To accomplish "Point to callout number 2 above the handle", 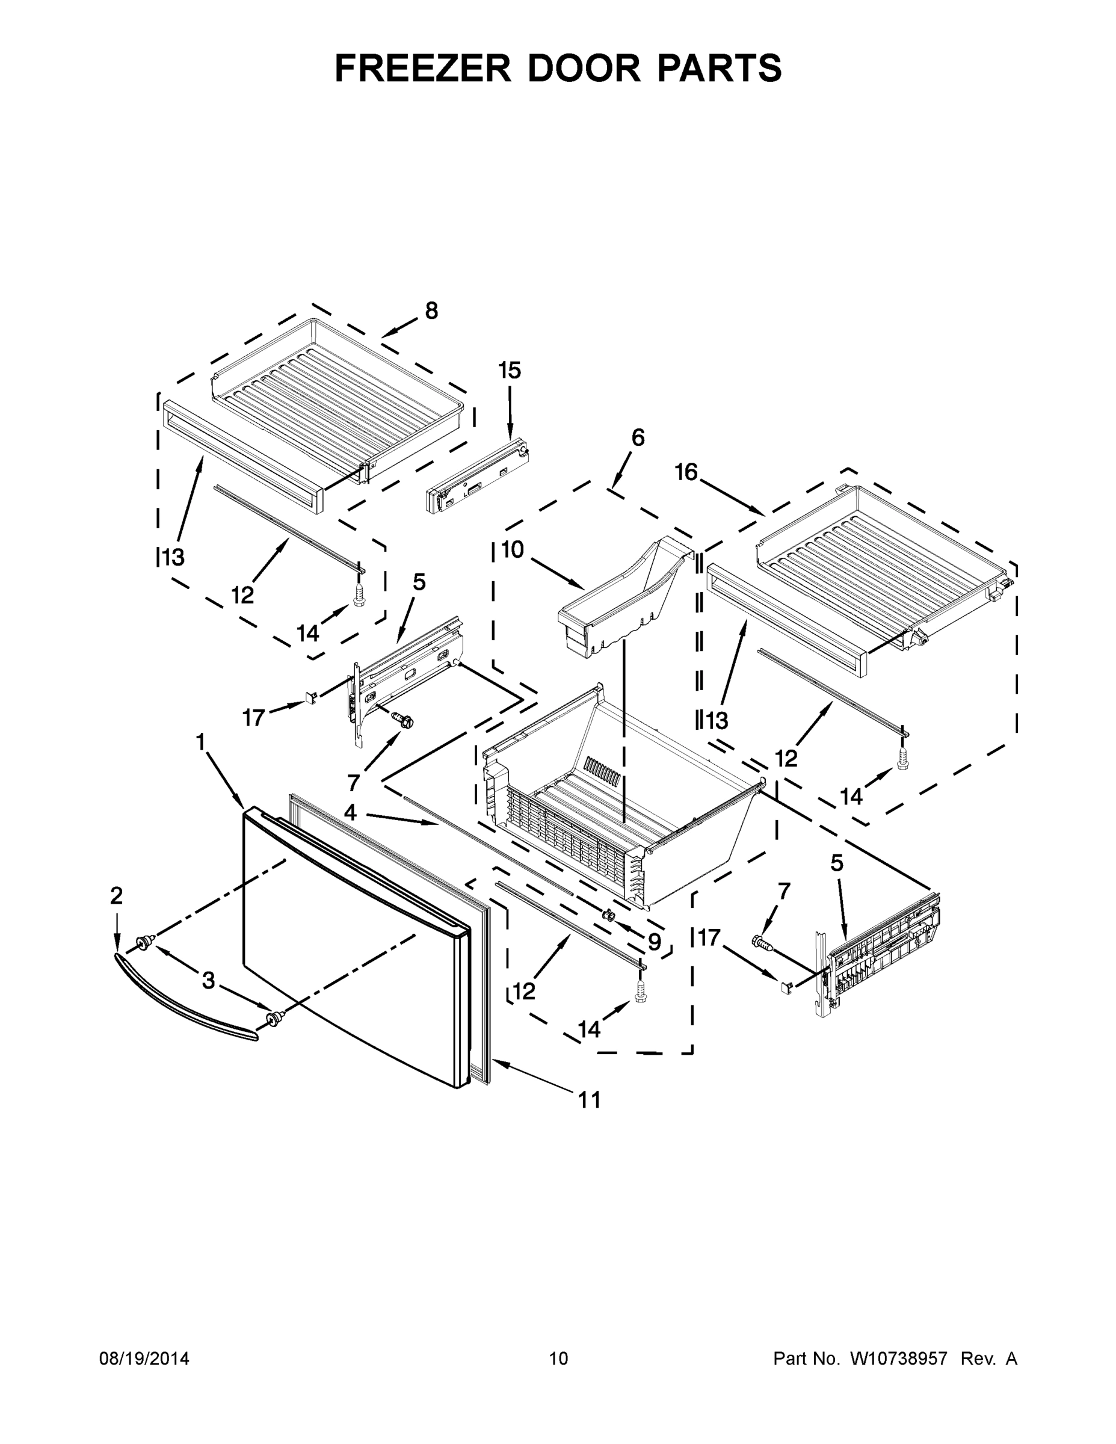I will tap(116, 896).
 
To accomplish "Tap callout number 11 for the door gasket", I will tap(589, 1099).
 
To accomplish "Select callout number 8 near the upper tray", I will tap(431, 310).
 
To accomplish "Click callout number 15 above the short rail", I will tap(509, 370).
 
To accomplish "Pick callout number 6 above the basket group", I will tap(637, 437).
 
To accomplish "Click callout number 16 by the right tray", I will tap(686, 472).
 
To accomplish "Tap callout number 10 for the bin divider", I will tap(513, 549).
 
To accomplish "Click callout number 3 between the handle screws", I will tap(208, 981).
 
